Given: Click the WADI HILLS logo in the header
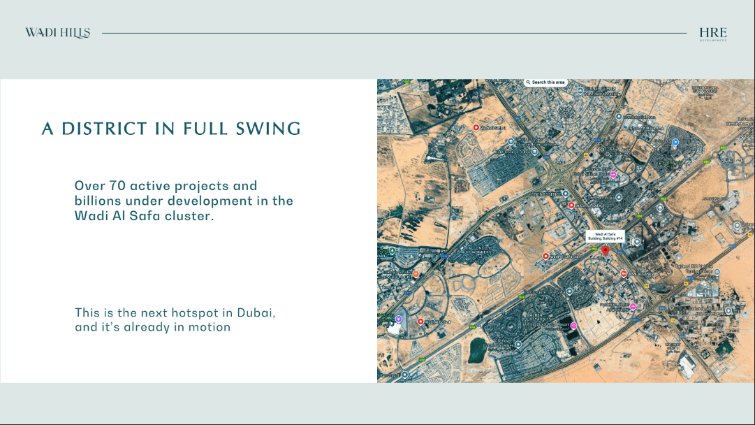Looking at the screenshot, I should [x=57, y=33].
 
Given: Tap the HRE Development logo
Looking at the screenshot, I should [x=712, y=34].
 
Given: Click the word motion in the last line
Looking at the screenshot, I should [x=210, y=327].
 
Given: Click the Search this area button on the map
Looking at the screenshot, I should [x=545, y=82].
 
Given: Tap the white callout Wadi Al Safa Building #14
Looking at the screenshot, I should [x=605, y=236].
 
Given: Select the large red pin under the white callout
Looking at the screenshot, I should [x=606, y=250].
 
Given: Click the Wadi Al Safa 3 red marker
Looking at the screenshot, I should [x=571, y=206].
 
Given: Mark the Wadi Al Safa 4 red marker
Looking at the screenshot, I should [x=546, y=257].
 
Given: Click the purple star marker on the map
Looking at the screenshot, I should [x=398, y=319].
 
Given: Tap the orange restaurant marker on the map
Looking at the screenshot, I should [x=416, y=274].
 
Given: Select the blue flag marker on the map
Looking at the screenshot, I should [x=675, y=142].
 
